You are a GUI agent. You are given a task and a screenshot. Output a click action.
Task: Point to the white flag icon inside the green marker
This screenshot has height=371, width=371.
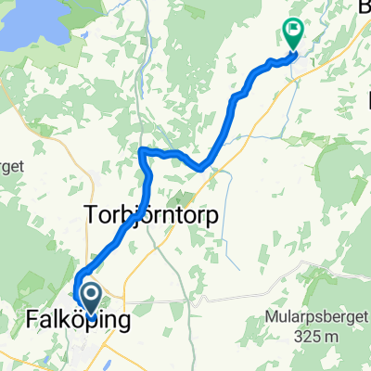(x=294, y=30)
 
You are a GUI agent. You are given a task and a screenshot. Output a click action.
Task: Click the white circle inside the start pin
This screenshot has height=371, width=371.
(x=92, y=296)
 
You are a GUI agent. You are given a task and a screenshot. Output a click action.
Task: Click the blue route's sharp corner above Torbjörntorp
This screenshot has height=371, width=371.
(x=142, y=151)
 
